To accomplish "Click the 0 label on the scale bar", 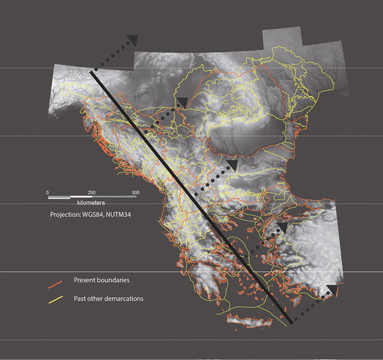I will tap(47, 192).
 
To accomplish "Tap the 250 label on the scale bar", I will tap(91, 192).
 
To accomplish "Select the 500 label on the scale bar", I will tap(135, 192).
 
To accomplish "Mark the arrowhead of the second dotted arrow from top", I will tap(182, 104).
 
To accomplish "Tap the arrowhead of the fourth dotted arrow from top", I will tap(281, 227).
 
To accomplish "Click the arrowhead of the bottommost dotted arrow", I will tap(330, 290).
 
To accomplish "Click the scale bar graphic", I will tap(91, 197).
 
